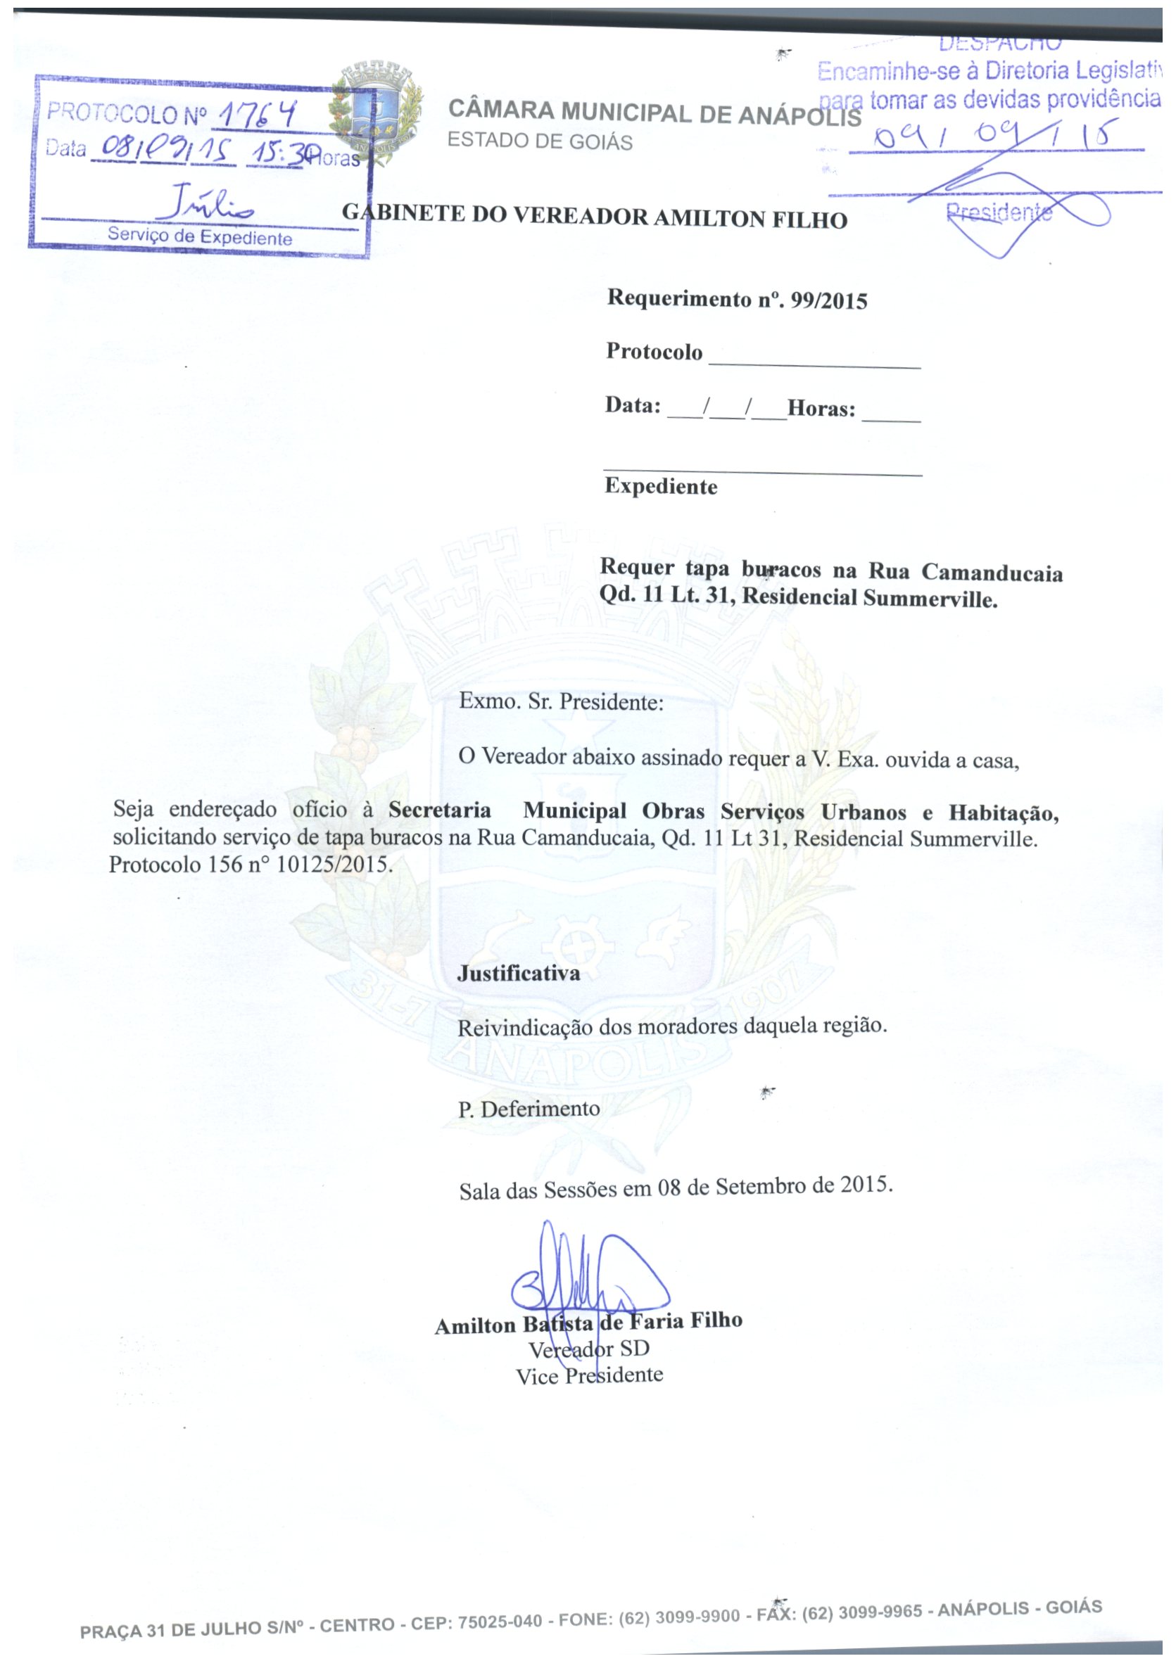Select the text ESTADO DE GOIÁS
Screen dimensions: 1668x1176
[539, 141]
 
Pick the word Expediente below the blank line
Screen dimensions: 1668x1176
[661, 486]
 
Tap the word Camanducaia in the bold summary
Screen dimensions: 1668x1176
[992, 573]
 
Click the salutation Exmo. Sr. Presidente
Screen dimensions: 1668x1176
[561, 702]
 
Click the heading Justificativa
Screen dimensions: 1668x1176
[518, 974]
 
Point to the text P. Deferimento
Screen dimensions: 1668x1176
[529, 1109]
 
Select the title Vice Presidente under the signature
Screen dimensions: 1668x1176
[590, 1376]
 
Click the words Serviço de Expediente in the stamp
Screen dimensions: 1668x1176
[200, 237]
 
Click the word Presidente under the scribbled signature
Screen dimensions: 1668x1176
[999, 212]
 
